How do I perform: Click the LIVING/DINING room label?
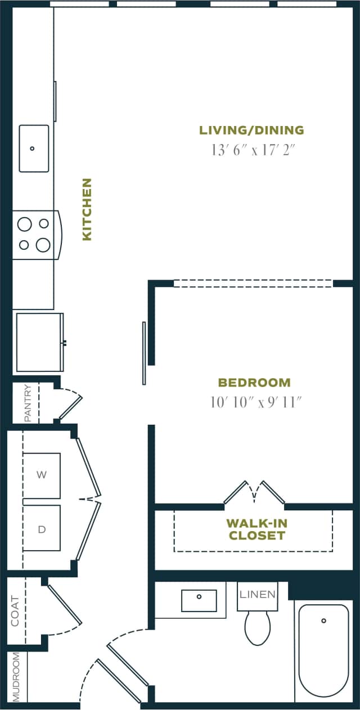coord(251,131)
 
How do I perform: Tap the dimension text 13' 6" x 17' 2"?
coord(253,151)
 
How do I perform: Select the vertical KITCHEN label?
coord(87,209)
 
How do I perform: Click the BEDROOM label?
coord(254,383)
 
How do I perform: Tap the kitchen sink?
coord(34,148)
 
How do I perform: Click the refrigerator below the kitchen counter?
coord(39,342)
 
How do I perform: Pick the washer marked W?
coord(42,475)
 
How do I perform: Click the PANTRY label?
coord(28,403)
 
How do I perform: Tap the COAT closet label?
coord(15,611)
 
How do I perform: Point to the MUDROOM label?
coord(16,677)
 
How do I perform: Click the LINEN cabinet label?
coord(258,594)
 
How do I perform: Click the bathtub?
coord(323,650)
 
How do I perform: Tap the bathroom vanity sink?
coord(199,600)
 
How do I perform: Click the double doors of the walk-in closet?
coord(254,493)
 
